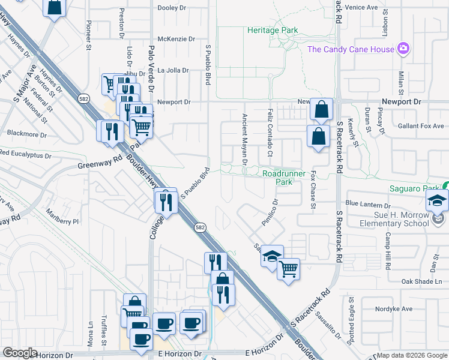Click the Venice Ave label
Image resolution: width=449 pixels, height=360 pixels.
click(x=360, y=7)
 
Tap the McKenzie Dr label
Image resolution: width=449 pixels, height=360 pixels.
click(x=176, y=38)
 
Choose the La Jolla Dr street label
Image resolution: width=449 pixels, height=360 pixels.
click(x=173, y=70)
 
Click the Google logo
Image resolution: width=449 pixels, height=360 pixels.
click(x=20, y=353)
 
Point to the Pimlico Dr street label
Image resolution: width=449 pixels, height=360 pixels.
click(x=270, y=213)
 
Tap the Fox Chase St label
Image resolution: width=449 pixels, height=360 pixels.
click(x=313, y=190)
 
